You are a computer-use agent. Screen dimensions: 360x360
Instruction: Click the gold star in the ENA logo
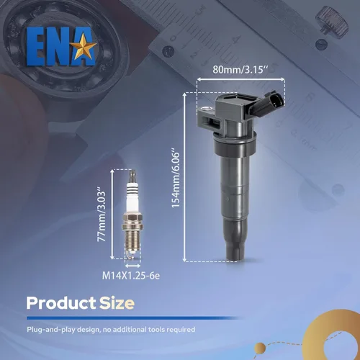click(85, 46)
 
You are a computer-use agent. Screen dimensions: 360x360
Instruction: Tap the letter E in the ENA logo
click(35, 47)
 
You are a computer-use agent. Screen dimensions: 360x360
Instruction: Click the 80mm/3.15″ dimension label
click(240, 70)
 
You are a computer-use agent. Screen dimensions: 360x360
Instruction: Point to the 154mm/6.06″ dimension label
click(176, 179)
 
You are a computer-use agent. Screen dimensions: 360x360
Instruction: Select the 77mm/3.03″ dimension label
click(102, 216)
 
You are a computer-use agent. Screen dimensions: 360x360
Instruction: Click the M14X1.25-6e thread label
click(131, 276)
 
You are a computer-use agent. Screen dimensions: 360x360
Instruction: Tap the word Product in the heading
click(61, 303)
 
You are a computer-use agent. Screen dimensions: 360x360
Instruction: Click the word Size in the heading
click(117, 303)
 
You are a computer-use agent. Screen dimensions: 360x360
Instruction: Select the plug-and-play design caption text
click(111, 330)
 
